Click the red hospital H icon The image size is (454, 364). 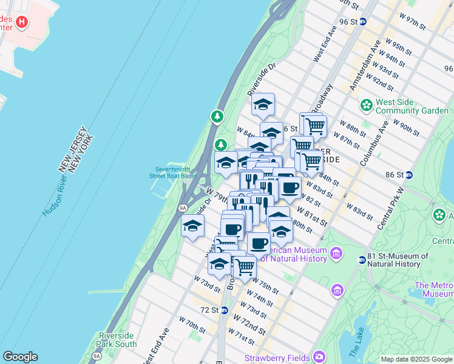[x=22, y=22]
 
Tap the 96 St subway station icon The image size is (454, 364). [x=363, y=21]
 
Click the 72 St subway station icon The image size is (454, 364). [x=224, y=310]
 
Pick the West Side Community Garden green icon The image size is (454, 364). [x=366, y=106]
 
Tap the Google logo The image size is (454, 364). [x=20, y=357]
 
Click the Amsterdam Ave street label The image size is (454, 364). [x=364, y=66]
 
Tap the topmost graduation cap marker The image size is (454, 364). [x=263, y=104]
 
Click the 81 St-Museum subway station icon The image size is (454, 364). [x=362, y=260]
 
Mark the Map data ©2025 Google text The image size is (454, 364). [x=416, y=359]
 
